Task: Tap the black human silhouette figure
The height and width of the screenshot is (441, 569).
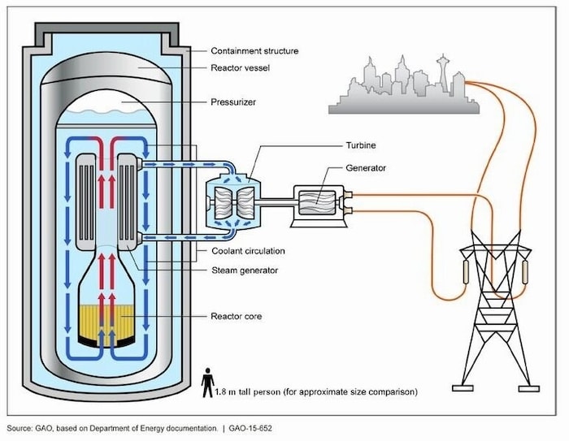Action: point(208,383)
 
